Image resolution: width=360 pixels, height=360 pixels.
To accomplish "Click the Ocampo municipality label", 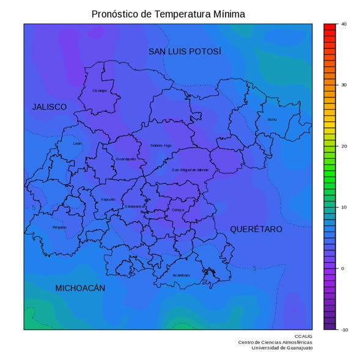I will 100,90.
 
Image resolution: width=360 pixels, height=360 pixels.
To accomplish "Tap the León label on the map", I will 77,144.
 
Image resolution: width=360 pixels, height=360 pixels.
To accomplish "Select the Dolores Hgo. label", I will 161,145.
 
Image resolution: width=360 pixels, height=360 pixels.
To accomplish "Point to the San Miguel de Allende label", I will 190,170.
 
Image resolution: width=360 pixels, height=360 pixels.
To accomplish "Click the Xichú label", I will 272,119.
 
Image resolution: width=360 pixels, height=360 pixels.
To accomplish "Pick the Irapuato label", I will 108,199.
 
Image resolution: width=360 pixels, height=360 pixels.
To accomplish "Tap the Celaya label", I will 178,210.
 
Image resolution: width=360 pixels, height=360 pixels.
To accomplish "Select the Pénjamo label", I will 59,227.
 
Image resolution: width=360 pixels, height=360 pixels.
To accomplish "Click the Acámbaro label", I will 181,275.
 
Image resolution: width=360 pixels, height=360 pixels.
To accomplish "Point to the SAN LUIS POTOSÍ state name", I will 185,52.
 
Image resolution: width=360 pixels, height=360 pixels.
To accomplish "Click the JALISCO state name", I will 50,107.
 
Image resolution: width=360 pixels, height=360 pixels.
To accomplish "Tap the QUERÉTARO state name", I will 256,229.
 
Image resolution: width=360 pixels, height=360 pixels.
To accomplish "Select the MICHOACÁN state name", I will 80,288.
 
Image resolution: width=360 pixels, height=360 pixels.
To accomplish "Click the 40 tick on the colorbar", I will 344,24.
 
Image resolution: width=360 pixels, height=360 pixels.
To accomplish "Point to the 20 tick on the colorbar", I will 344,147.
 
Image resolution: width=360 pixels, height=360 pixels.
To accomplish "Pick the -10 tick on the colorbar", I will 344,330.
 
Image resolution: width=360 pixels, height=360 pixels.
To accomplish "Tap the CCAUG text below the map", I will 303,336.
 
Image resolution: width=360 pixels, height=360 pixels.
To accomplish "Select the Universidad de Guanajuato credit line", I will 282,348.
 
